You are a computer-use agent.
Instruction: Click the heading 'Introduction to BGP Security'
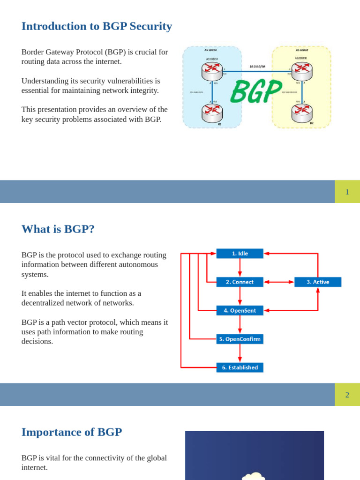(97, 26)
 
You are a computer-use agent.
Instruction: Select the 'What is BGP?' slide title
(58, 229)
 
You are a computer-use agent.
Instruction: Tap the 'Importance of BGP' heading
(71, 432)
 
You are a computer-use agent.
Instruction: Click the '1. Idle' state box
(240, 254)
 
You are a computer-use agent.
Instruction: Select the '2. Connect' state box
(240, 282)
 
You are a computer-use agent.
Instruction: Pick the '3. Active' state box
(317, 282)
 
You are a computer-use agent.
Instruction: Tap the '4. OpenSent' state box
(240, 310)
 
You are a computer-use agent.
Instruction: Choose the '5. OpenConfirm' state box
(240, 339)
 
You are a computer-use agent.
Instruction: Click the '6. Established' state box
(240, 367)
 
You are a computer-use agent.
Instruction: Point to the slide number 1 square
(347, 192)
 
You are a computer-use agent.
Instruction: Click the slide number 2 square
(347, 395)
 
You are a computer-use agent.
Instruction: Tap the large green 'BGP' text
(256, 91)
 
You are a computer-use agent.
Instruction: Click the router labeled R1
(212, 112)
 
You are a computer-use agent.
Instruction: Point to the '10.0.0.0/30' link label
(257, 67)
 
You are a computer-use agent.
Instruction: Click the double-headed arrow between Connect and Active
(279, 282)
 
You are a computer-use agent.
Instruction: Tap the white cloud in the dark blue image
(253, 476)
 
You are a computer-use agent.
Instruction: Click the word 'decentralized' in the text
(44, 303)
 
